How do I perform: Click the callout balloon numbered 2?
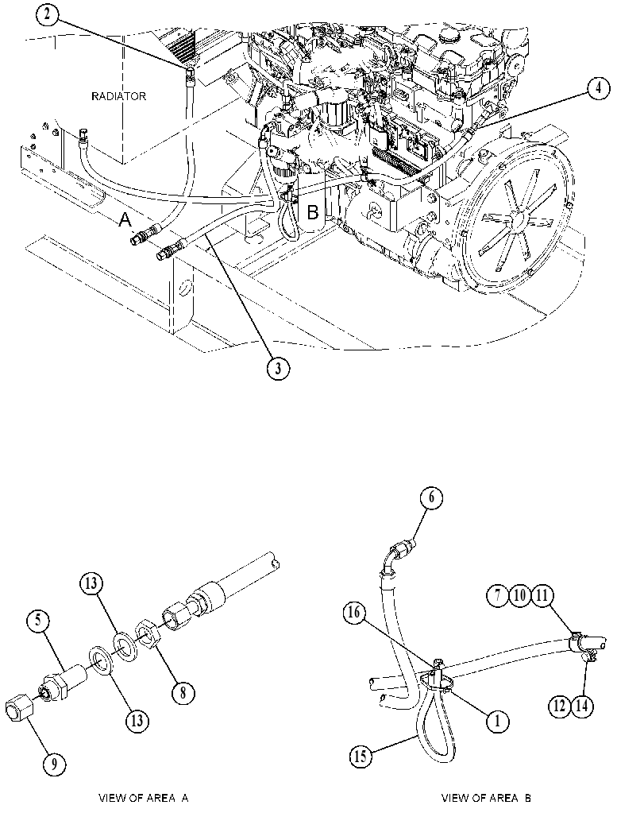tap(47, 14)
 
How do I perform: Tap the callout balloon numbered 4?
tap(598, 88)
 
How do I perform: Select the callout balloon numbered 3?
tap(278, 368)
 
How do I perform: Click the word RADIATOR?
tap(118, 96)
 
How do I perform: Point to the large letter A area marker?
tap(125, 219)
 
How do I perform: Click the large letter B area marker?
tap(312, 212)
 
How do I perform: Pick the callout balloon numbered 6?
tap(431, 498)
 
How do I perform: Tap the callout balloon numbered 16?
tap(354, 613)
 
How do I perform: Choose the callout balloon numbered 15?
tap(361, 757)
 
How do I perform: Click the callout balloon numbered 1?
tap(497, 722)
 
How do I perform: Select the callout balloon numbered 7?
tap(497, 596)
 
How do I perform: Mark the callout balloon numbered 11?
tap(542, 596)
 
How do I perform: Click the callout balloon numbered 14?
tap(582, 706)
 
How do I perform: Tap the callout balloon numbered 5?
tap(39, 621)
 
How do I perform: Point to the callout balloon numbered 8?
tap(183, 693)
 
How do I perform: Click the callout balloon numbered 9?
tap(54, 764)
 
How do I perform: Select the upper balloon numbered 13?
tap(91, 583)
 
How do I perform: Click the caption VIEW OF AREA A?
tap(144, 798)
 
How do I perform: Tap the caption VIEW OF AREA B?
tap(486, 798)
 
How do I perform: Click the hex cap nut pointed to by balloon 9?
tap(19, 712)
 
